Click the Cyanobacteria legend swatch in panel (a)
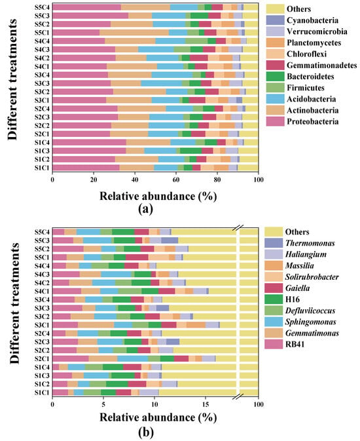[x=275, y=20]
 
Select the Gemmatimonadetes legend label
[x=322, y=66]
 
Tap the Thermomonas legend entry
[x=310, y=243]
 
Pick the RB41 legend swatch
[x=274, y=344]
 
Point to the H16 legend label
[x=293, y=299]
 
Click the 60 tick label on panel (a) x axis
[x=176, y=180]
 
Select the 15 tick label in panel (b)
[x=206, y=404]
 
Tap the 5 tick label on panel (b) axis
[x=103, y=404]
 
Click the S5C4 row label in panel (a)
[x=42, y=7]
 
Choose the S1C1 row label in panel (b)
[x=42, y=393]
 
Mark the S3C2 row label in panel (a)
[x=42, y=92]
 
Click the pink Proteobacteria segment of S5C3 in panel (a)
[x=90, y=16]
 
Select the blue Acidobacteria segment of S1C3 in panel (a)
[x=160, y=151]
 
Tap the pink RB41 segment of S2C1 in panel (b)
[x=71, y=358]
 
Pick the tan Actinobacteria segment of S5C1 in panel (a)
[x=134, y=32]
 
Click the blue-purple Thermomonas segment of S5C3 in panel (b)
[x=170, y=240]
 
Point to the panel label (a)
[x=146, y=209]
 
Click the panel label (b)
[x=146, y=432]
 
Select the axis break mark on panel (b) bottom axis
[x=238, y=396]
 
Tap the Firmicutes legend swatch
[x=275, y=88]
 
